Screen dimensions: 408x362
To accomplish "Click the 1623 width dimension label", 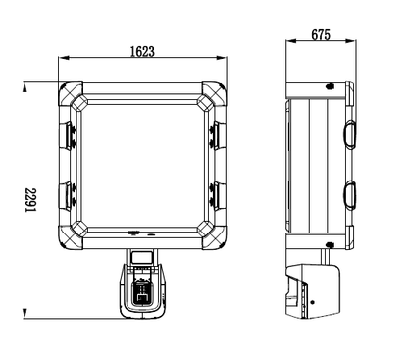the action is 142,52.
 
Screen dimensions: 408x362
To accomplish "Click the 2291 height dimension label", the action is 31,200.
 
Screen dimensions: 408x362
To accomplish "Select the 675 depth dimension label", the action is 321,35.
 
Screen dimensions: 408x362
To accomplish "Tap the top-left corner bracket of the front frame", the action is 73,95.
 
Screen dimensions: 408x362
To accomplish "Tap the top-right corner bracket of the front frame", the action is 213,95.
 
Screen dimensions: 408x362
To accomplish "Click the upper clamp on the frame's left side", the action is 68,135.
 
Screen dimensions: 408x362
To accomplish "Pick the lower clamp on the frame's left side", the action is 68,196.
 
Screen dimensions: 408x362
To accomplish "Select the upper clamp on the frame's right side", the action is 218,135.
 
